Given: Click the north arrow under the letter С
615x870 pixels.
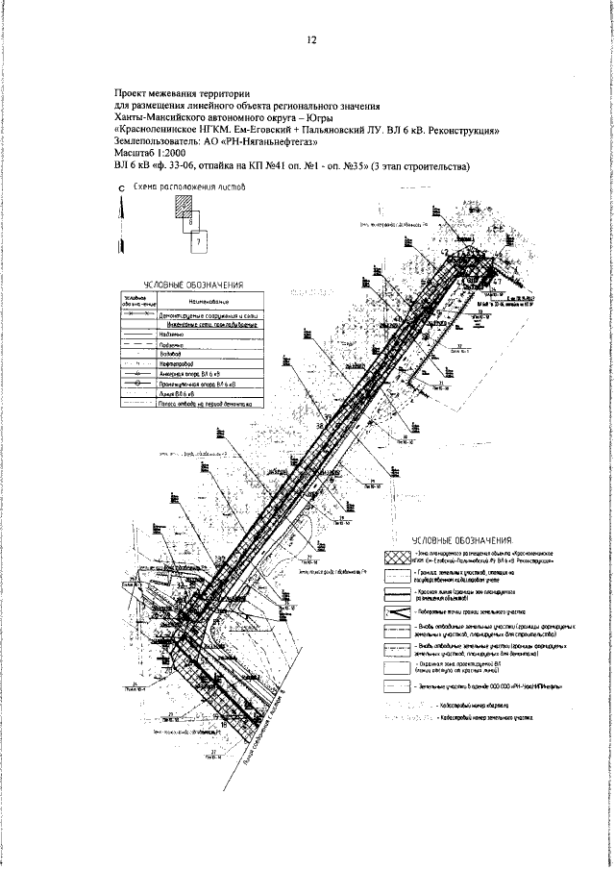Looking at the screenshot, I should point(121,240).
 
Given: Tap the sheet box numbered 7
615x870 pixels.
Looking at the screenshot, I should point(198,244).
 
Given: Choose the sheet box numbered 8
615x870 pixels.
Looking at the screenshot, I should point(191,221).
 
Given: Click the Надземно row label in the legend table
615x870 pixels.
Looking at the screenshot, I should point(169,334).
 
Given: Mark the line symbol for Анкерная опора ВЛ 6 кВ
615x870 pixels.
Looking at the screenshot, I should point(136,375).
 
